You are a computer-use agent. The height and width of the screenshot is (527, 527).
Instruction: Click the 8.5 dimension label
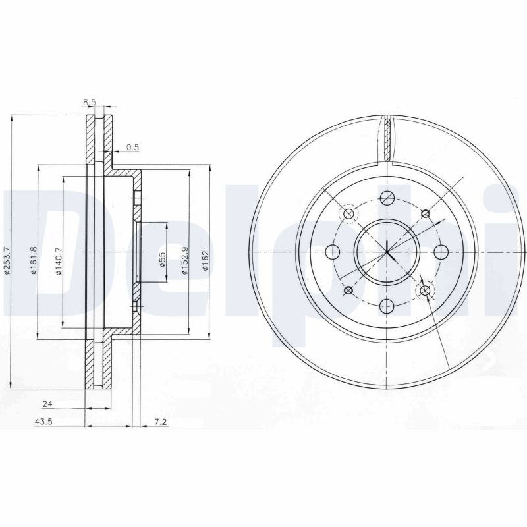(x=90, y=103)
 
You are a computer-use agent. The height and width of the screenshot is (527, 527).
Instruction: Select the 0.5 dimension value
(x=133, y=147)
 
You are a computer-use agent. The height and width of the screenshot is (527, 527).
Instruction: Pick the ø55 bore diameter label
(x=162, y=260)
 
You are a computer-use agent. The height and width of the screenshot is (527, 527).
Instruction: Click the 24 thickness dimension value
(x=47, y=404)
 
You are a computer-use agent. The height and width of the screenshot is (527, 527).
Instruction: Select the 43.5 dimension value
(x=43, y=422)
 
